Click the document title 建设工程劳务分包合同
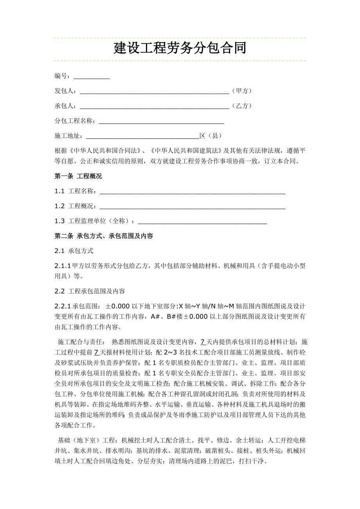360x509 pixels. pyautogui.click(x=180, y=49)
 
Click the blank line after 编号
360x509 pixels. pyautogui.click(x=92, y=77)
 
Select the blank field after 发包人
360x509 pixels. pyautogui.click(x=154, y=91)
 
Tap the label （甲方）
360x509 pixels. pyautogui.click(x=241, y=91)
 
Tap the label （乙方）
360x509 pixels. pyautogui.click(x=241, y=106)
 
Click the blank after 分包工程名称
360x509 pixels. pyautogui.click(x=161, y=121)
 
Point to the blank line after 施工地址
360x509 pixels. pyautogui.click(x=142, y=136)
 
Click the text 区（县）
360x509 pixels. pyautogui.click(x=211, y=136)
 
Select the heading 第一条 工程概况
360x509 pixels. pyautogui.click(x=78, y=176)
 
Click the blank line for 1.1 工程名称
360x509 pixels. pyautogui.click(x=193, y=191)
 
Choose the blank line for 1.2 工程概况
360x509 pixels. pyautogui.click(x=193, y=206)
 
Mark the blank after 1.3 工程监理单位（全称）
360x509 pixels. pyautogui.click(x=202, y=221)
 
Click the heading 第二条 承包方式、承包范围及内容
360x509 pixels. pyautogui.click(x=104, y=236)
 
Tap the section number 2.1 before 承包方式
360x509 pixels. pyautogui.click(x=59, y=251)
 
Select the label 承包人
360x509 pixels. pyautogui.click(x=64, y=106)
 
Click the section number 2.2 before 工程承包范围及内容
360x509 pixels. pyautogui.click(x=59, y=291)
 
